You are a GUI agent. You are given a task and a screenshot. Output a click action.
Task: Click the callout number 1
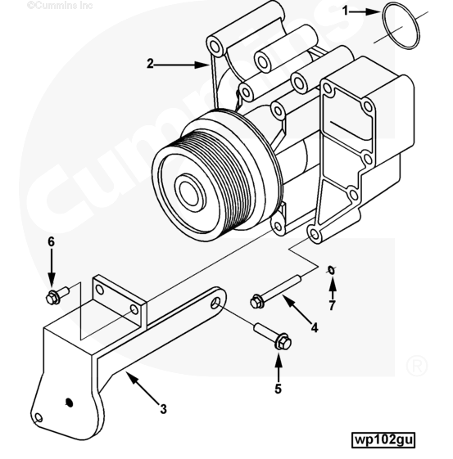(346, 11)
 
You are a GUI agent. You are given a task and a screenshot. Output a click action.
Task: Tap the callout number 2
(150, 64)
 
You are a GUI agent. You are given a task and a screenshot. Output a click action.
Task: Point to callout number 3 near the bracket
(164, 408)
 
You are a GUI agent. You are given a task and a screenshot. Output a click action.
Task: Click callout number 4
(315, 327)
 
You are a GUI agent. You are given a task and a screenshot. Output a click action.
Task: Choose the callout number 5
(278, 389)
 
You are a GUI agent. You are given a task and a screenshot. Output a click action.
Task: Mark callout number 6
(52, 242)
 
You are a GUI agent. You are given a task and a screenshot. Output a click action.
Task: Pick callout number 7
(332, 305)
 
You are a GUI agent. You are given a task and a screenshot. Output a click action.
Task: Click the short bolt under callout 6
(57, 295)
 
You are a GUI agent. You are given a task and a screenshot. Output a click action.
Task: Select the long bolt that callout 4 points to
(275, 291)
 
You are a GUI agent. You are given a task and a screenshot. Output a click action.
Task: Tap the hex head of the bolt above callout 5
(283, 342)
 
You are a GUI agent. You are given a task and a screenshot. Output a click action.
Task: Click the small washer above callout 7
(331, 271)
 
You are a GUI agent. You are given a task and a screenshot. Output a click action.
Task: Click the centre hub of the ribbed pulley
(190, 192)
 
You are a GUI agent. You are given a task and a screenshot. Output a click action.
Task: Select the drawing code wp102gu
(383, 439)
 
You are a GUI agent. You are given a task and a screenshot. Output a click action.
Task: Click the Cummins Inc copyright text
(60, 5)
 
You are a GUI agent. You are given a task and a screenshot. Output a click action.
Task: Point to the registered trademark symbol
(417, 366)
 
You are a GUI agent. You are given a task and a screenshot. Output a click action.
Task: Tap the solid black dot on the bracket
(69, 403)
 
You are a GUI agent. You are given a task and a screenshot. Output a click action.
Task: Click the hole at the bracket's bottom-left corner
(39, 418)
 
